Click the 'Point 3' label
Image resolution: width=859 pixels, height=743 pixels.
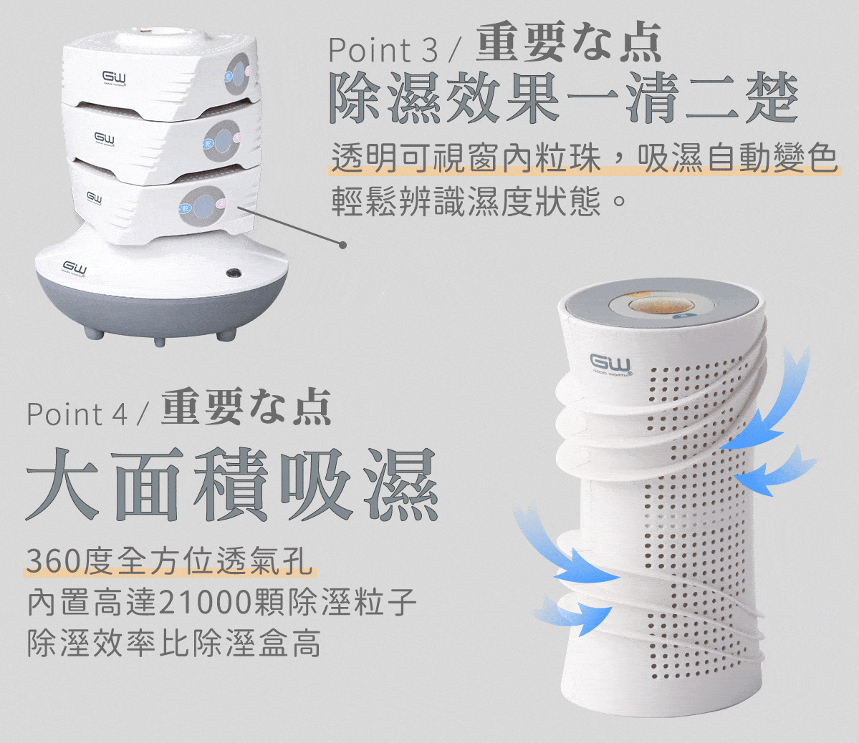click(x=383, y=50)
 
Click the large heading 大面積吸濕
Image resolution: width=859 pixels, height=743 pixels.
click(x=231, y=484)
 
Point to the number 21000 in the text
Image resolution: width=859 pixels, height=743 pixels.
click(x=205, y=602)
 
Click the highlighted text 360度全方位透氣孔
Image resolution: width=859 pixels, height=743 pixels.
click(x=170, y=561)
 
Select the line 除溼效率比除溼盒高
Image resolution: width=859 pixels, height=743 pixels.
click(x=174, y=643)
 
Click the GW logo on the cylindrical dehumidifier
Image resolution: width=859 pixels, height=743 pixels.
click(x=610, y=363)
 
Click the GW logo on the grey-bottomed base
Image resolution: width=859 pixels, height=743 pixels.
click(x=75, y=268)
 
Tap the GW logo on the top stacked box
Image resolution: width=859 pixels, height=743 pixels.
click(x=114, y=78)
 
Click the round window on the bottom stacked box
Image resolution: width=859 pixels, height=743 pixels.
click(x=202, y=206)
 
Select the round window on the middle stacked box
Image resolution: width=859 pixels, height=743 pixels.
click(x=222, y=141)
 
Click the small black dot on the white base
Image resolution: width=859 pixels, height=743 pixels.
click(x=234, y=271)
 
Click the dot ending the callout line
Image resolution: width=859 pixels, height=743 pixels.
click(x=343, y=245)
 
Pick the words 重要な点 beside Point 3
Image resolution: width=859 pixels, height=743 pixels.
click(x=569, y=43)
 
